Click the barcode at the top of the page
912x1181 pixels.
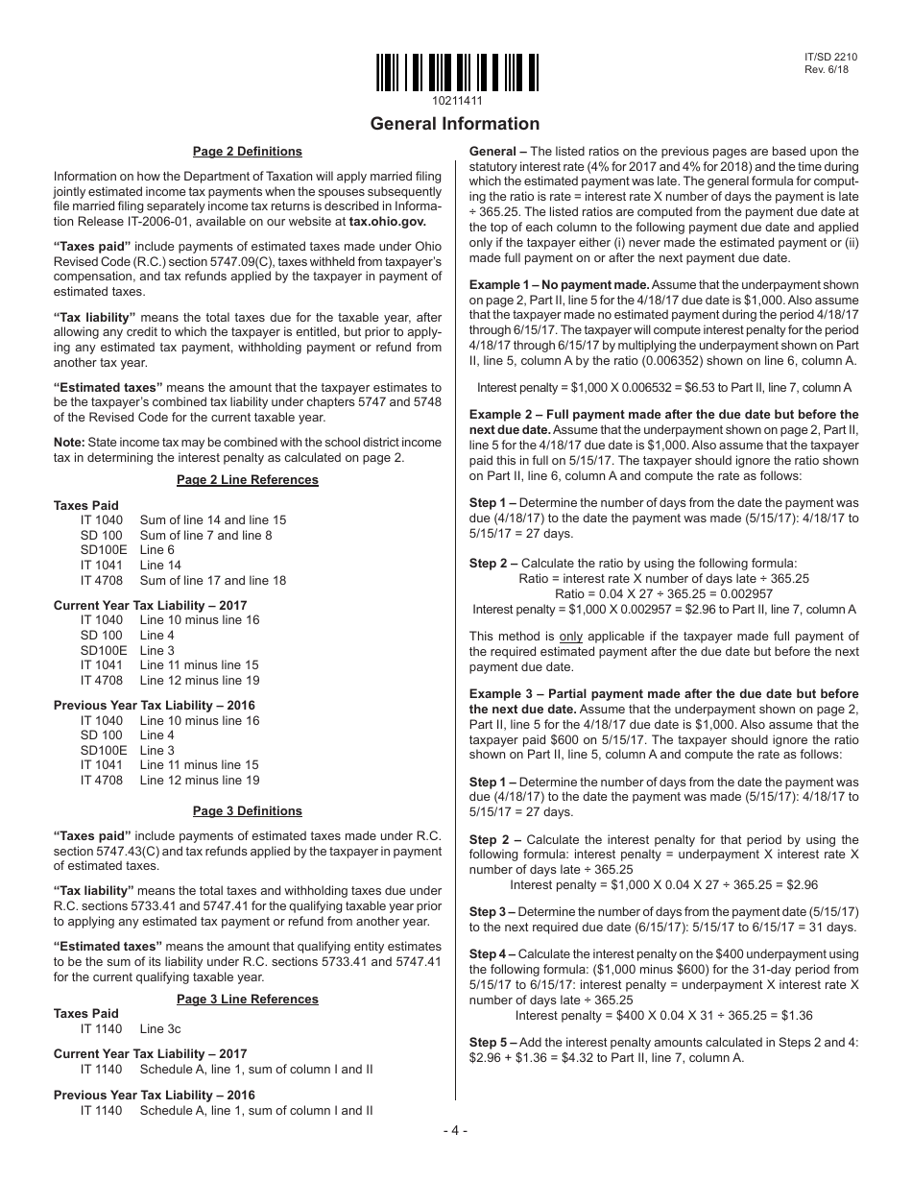click(x=456, y=72)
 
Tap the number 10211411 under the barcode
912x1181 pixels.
click(x=457, y=101)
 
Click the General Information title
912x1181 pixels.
click(x=455, y=124)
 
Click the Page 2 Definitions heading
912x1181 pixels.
click(x=247, y=152)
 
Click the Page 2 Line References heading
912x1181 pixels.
click(x=247, y=480)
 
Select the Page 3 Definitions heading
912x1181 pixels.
click(x=247, y=811)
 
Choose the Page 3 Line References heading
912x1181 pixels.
click(x=247, y=1000)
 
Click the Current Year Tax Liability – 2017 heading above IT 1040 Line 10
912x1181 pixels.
click(x=150, y=605)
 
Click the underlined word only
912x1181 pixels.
click(x=571, y=637)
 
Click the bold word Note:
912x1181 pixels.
click(x=69, y=442)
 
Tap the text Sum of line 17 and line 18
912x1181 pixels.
click(x=212, y=580)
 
